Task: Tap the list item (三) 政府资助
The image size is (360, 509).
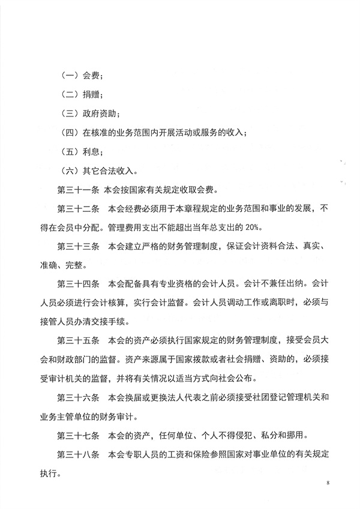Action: (91, 113)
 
